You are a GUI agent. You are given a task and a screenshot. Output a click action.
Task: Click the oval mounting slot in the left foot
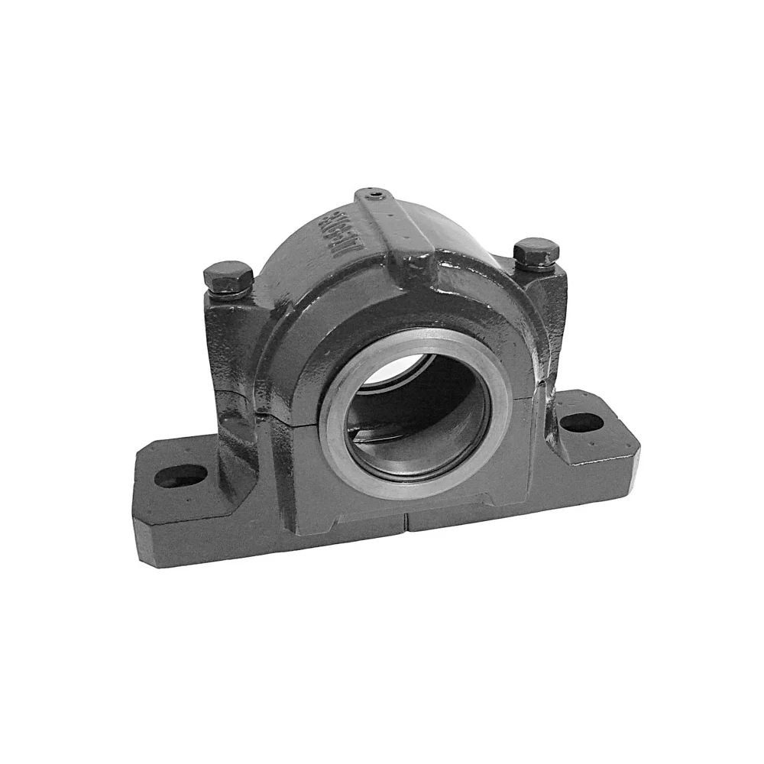182,476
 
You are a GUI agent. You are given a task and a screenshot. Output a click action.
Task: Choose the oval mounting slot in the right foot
582,420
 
